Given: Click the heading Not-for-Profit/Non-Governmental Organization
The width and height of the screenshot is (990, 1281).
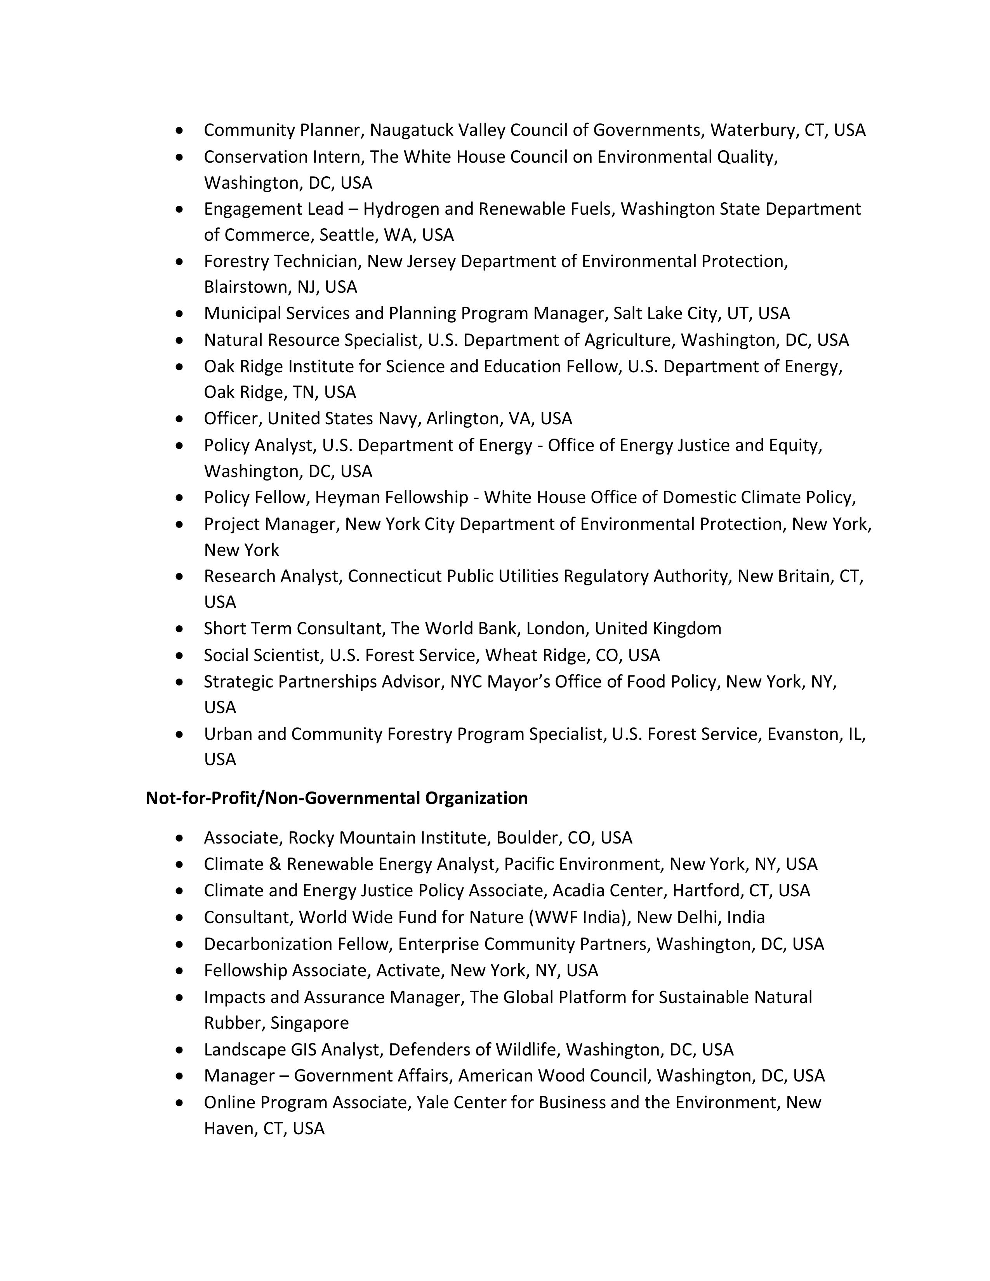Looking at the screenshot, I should point(337,798).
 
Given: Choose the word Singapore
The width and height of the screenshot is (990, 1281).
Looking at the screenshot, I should point(310,1022).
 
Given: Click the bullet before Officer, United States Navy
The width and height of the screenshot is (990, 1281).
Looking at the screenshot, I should point(179,419).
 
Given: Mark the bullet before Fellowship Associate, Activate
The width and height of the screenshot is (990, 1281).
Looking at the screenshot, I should point(179,971).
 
